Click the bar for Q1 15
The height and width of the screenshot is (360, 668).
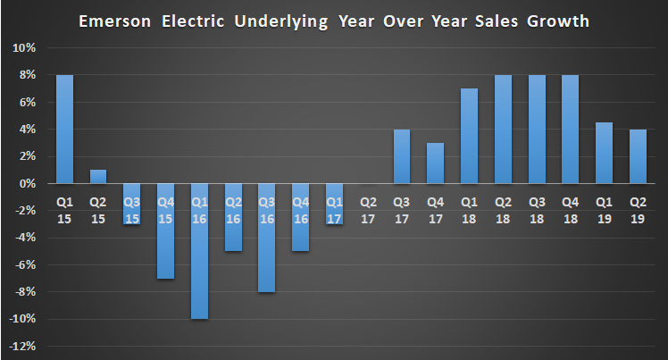click(x=64, y=130)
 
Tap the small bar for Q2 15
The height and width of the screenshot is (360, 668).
click(x=98, y=176)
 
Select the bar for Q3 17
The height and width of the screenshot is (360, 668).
click(x=402, y=156)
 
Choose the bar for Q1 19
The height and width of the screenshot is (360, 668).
click(x=605, y=153)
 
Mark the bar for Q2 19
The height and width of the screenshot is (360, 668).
click(x=638, y=156)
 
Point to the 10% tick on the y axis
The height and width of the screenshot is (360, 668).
click(x=24, y=47)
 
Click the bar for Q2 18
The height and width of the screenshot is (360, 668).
click(x=504, y=130)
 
